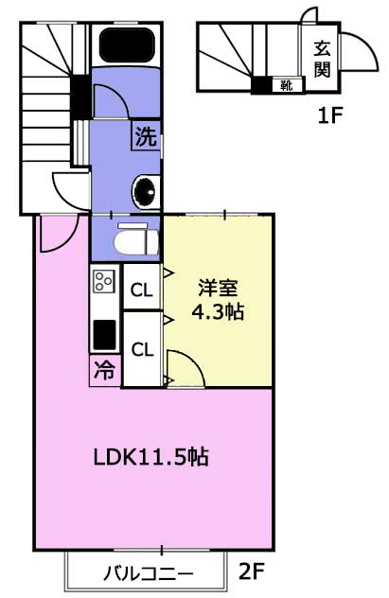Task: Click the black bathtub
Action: point(127,44)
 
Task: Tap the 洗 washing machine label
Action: point(147,136)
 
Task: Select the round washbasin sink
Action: point(146,193)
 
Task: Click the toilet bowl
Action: point(136,242)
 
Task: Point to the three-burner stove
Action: point(104,281)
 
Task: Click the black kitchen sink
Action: point(104,335)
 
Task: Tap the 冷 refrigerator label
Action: point(104,370)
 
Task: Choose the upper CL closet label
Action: point(141,290)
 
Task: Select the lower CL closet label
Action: point(142,349)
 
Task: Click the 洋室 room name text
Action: point(218,288)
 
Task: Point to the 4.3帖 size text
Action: point(218,312)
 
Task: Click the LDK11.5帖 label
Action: point(151,456)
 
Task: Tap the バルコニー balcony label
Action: point(149,573)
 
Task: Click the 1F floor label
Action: point(330,115)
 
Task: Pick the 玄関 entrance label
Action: point(322,59)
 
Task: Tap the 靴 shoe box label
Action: point(287,85)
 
